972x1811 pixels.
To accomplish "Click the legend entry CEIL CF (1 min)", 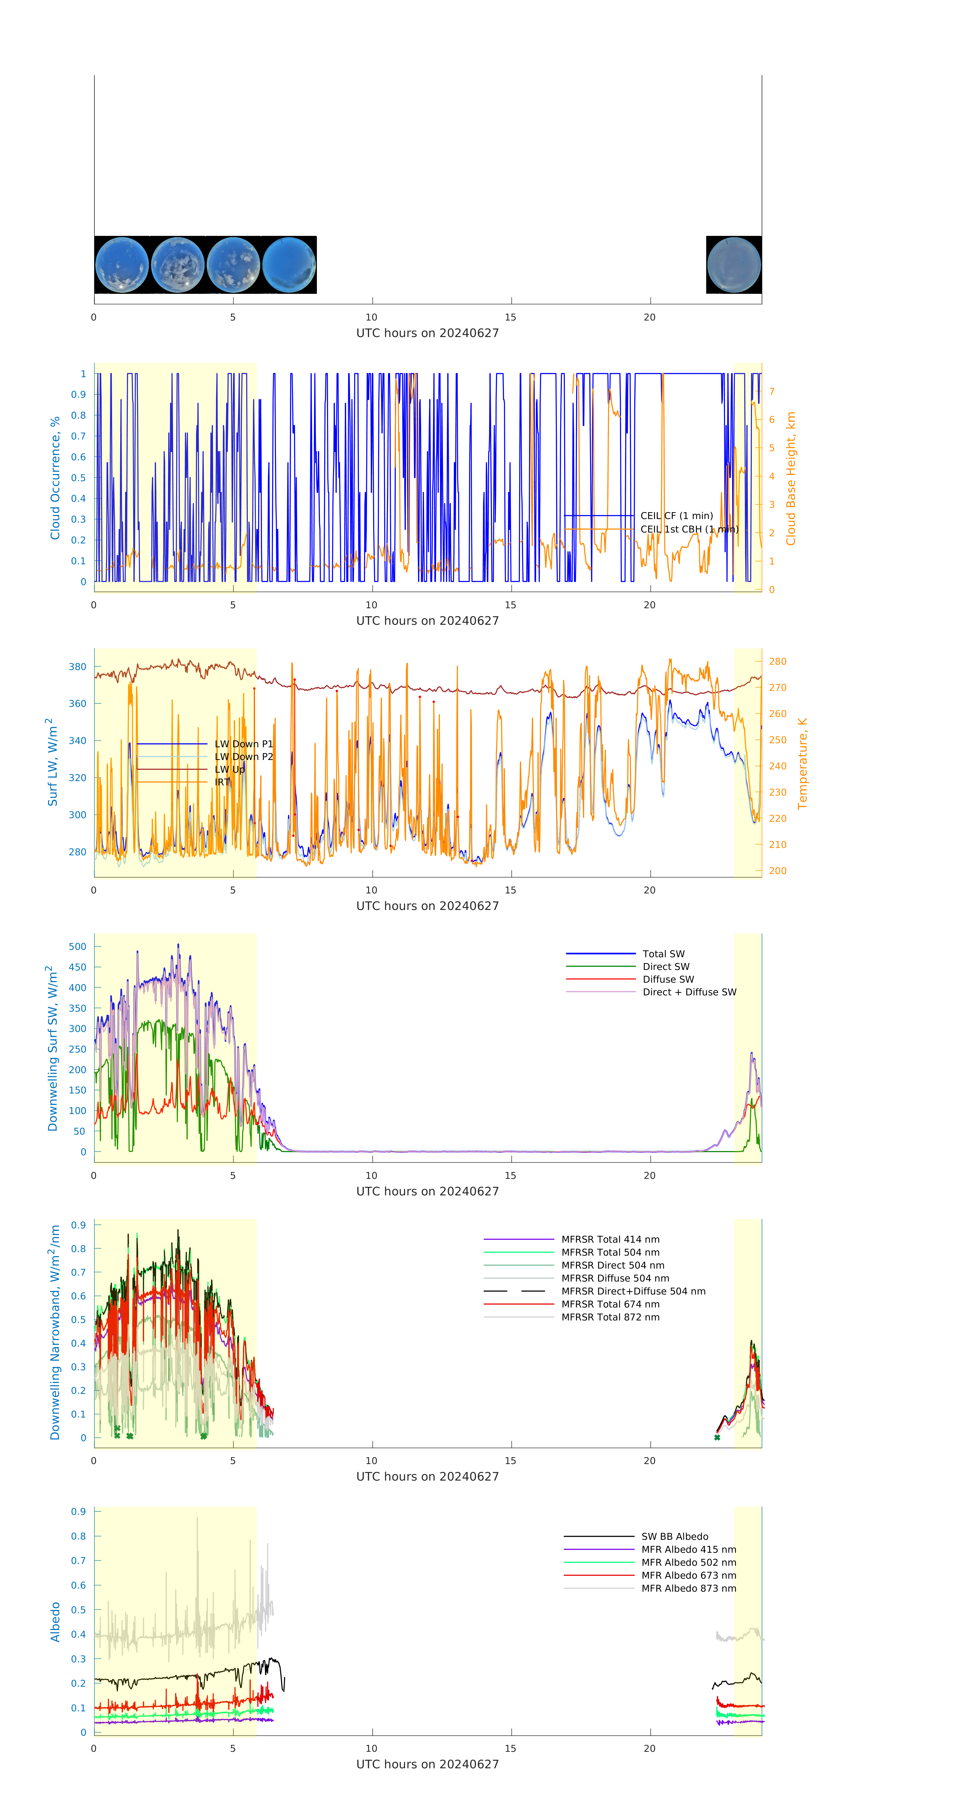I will pos(676,515).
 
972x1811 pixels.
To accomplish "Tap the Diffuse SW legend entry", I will pos(668,979).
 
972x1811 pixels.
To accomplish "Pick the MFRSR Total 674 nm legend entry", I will pos(610,1304).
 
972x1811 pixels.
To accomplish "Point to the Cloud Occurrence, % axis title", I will pos(55,478).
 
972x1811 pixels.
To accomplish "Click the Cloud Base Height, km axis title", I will pos(791,478).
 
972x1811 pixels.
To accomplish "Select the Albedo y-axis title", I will pos(55,1622).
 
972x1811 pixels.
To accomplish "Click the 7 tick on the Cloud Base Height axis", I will pos(772,392).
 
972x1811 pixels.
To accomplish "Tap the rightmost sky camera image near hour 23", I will pos(734,265).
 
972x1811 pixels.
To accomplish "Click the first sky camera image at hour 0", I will pos(121,265).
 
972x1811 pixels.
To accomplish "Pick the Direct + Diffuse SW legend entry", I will pos(689,992).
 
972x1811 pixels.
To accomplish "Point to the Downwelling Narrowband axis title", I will pos(55,1332).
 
